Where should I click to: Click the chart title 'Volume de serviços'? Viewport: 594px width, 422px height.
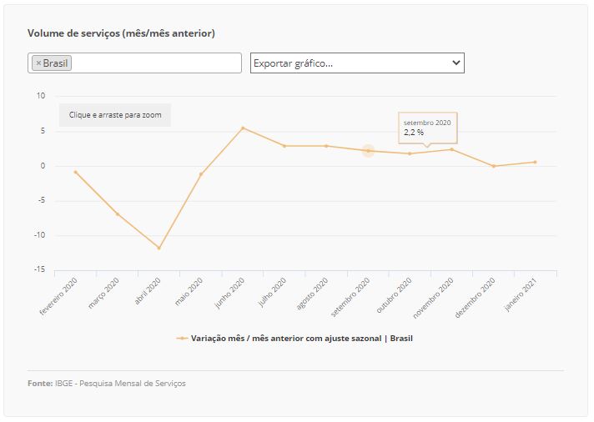[121, 33]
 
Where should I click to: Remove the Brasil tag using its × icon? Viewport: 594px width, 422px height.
[38, 63]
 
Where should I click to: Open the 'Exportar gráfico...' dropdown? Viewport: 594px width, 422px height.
[357, 63]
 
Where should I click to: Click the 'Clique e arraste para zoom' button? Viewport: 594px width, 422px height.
[115, 115]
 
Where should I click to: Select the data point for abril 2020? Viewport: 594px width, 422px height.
[159, 248]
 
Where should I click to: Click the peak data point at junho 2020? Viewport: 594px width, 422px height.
[243, 128]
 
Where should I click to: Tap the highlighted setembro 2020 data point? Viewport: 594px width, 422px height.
[368, 151]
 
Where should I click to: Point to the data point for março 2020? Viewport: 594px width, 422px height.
[117, 214]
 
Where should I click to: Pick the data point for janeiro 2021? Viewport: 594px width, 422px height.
[535, 162]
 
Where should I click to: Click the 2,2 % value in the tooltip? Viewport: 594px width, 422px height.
[415, 132]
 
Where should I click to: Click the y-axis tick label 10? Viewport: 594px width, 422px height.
[41, 96]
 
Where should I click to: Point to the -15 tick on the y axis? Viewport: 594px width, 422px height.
[39, 269]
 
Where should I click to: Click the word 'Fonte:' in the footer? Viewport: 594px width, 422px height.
[39, 384]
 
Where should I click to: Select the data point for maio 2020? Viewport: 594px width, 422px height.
[200, 174]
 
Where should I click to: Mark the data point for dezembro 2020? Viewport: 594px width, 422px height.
[493, 166]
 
